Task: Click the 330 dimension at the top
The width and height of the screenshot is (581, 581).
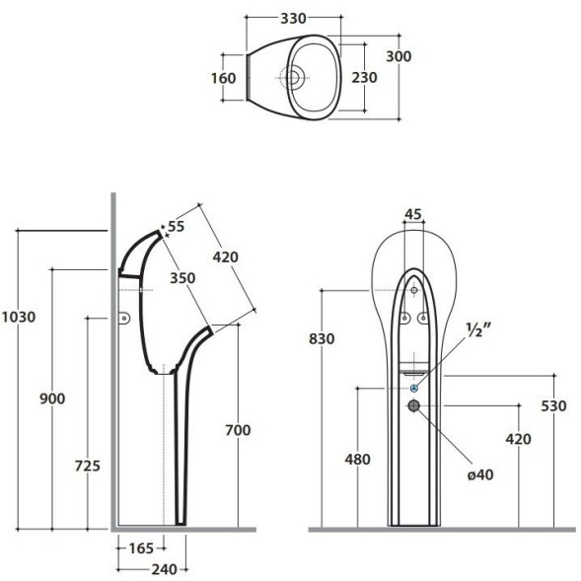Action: [293, 18]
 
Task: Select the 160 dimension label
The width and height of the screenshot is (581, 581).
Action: [224, 78]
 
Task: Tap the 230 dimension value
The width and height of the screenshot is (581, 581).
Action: [365, 78]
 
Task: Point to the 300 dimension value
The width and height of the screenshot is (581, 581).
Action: [399, 56]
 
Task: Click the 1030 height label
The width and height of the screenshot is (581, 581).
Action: [19, 317]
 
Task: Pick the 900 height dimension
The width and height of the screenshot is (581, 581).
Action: [52, 399]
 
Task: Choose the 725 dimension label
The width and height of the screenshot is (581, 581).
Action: [88, 466]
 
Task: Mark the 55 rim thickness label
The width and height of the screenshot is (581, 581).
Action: [177, 227]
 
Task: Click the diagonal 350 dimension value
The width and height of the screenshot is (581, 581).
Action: [182, 278]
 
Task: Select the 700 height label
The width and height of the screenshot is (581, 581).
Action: [239, 430]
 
